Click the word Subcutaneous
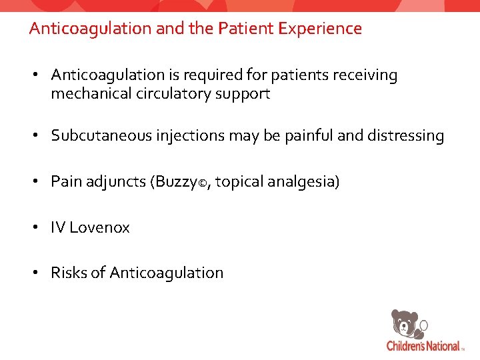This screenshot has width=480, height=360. (97, 136)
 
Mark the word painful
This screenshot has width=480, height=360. (309, 136)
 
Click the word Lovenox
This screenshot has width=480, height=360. (99, 227)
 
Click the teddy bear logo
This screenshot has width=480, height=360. (406, 325)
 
